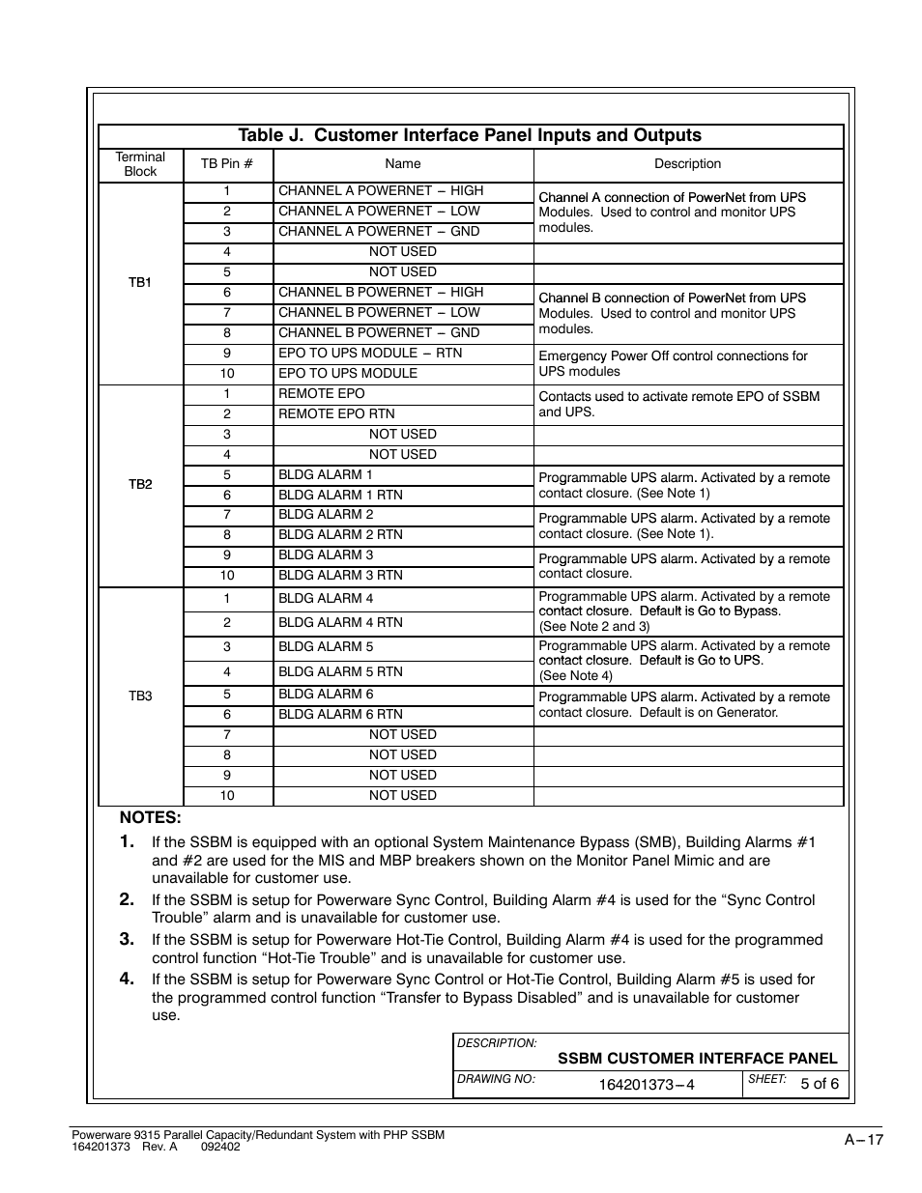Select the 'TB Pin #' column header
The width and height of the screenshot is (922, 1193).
227,164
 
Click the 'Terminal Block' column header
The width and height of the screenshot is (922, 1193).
140,164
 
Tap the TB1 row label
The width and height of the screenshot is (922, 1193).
140,282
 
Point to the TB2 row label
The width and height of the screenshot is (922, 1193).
140,484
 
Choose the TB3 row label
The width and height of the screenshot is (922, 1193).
140,696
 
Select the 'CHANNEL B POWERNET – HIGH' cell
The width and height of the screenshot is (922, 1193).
381,293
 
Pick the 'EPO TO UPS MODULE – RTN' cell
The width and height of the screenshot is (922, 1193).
370,354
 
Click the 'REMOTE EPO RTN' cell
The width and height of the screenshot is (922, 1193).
330,414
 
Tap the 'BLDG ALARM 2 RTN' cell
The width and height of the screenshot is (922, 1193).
340,535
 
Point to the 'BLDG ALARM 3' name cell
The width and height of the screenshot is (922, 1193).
326,555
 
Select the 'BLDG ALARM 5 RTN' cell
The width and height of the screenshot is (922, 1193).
340,672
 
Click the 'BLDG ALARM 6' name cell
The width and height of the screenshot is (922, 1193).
326,695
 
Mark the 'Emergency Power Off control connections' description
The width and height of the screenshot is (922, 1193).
673,364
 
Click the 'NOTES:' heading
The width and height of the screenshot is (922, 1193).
151,818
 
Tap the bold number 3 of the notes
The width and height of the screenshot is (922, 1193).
127,939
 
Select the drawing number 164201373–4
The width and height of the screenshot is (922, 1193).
646,1085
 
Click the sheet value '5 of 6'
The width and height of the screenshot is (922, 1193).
820,1084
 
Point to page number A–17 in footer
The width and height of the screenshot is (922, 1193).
864,1140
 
